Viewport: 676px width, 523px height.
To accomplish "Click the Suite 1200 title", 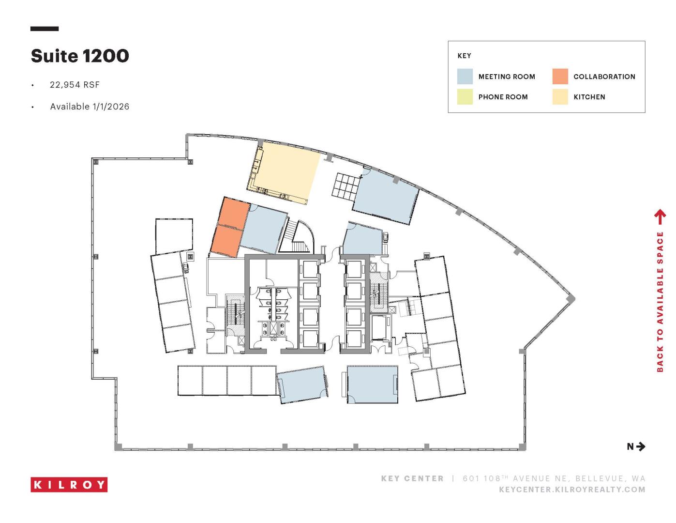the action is [80, 56].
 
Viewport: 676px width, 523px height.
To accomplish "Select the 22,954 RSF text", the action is [75, 85].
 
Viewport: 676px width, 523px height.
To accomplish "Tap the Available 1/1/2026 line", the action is [90, 107].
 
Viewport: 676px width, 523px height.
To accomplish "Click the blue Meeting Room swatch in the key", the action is [465, 77].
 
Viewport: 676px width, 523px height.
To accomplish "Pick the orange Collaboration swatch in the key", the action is [560, 77].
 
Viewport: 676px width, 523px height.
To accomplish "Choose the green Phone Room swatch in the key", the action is [465, 96].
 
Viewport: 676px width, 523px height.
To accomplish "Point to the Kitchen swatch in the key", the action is [560, 96].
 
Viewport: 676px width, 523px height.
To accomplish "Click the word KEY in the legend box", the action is [464, 56].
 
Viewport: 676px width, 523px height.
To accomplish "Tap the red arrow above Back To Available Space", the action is [660, 217].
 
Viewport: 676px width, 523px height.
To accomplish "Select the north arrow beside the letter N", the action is [641, 446].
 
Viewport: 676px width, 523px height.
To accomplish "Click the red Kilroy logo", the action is [69, 484].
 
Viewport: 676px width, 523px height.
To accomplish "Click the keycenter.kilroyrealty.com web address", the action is [572, 490].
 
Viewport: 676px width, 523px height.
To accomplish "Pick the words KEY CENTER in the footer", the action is [412, 478].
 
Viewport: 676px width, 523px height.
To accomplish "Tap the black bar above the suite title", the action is [45, 29].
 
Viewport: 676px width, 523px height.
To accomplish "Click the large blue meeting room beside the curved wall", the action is [386, 196].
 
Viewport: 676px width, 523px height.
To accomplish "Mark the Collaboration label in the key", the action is [604, 77].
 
